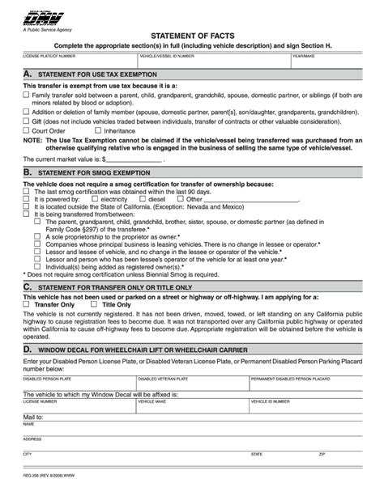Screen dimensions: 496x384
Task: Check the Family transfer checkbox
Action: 25,95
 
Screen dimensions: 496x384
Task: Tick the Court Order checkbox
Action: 25,129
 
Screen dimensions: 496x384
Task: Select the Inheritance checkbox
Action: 97,129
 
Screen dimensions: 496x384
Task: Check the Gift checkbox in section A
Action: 25,121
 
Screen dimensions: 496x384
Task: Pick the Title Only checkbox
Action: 94,305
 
